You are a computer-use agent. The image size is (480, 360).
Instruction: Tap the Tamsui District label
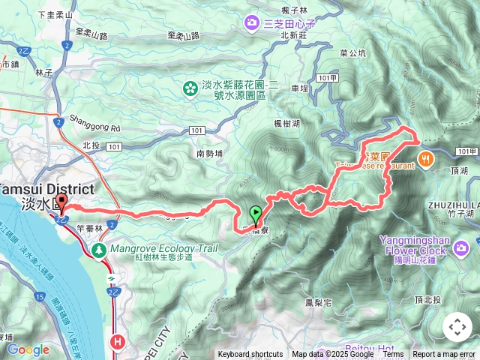pyautogui.click(x=46, y=189)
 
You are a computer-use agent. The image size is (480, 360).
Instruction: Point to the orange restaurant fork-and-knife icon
pyautogui.click(x=425, y=158)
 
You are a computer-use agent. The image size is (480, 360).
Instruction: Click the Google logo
pyautogui.click(x=28, y=349)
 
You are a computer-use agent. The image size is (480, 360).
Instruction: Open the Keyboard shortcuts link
pyautogui.click(x=250, y=355)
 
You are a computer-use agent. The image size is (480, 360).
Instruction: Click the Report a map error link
pyautogui.click(x=444, y=355)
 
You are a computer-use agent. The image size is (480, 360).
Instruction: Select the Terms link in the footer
pyautogui.click(x=394, y=355)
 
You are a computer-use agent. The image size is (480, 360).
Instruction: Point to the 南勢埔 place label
pyautogui.click(x=211, y=153)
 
